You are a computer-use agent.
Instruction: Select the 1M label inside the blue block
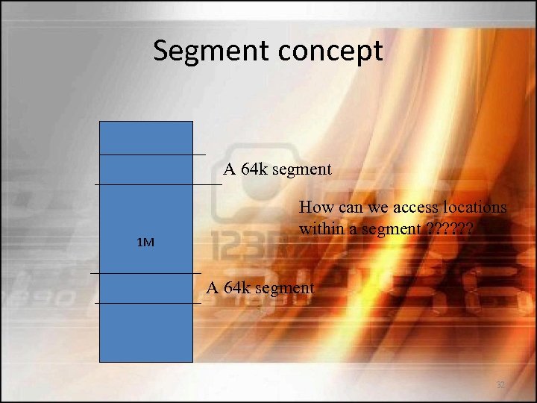146,243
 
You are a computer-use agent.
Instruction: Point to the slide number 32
500,384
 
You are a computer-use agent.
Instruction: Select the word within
321,228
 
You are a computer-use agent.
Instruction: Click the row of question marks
450,228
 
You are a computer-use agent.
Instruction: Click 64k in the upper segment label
255,169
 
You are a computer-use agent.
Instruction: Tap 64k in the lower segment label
238,287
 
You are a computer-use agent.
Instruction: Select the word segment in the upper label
302,169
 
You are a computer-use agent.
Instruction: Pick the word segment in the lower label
285,288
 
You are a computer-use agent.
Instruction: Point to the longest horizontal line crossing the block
158,183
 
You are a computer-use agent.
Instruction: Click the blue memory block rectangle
146,328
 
